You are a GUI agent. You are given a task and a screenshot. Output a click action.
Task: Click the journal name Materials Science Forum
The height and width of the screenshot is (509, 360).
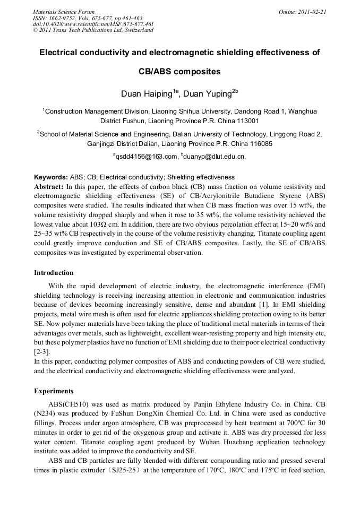[64, 12]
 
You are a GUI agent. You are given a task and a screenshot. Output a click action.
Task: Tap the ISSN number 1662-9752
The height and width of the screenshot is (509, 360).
[62, 18]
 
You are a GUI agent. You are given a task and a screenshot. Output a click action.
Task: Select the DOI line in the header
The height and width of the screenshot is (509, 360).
[85, 24]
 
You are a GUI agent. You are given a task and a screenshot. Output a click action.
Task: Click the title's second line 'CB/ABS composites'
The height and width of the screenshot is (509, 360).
[180, 72]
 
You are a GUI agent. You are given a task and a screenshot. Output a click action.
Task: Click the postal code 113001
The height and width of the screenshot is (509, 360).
[245, 121]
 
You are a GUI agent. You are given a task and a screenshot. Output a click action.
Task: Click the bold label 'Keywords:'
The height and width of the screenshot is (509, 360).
[50, 177]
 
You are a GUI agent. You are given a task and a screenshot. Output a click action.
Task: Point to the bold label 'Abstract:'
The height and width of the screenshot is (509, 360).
[49, 187]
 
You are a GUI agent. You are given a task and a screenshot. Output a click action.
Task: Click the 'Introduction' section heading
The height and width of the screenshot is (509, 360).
[54, 273]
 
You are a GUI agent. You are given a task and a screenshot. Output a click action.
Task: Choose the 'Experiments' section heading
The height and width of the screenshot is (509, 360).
[54, 391]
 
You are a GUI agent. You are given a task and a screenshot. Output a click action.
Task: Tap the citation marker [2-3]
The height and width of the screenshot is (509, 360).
[42, 351]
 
